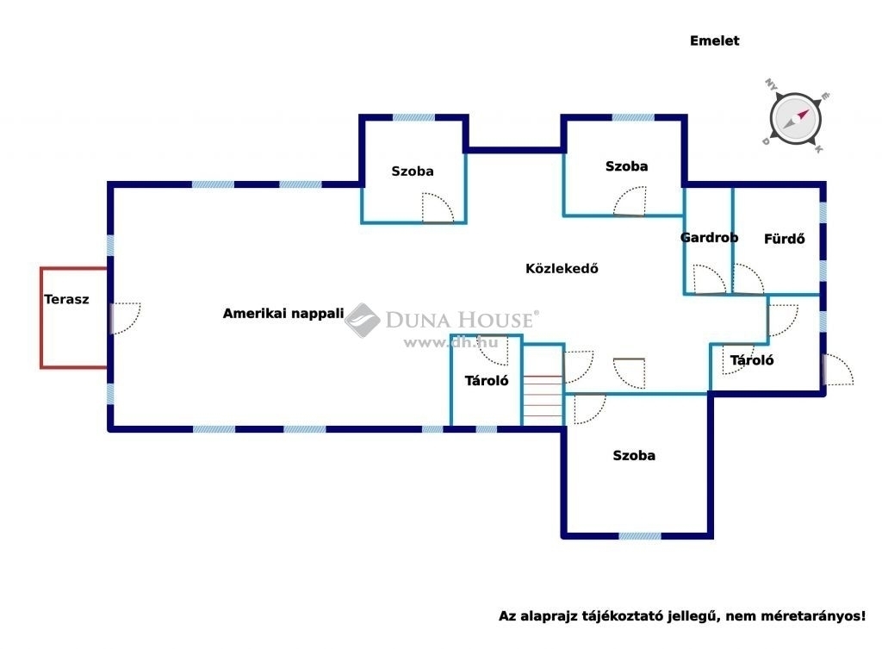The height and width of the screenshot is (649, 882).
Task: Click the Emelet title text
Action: [714, 41]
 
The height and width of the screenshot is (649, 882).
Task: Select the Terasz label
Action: [66, 299]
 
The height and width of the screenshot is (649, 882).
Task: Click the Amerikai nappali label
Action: [283, 314]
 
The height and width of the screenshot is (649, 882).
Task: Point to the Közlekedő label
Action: [562, 269]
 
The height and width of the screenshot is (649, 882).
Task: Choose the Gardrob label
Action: [709, 238]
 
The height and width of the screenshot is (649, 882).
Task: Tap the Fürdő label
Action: [784, 239]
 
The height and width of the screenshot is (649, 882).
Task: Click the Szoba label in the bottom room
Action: [634, 455]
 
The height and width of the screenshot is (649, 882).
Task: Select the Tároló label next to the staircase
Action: [487, 380]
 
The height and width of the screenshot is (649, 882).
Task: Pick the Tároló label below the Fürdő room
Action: [751, 360]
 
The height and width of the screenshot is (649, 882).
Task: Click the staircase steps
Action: [543, 400]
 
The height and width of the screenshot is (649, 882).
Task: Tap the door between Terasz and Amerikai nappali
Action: [125, 319]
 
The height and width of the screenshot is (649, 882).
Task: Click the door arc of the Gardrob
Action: [710, 279]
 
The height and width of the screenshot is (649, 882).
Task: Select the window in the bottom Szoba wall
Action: [640, 536]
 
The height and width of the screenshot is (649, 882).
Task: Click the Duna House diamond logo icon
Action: [363, 321]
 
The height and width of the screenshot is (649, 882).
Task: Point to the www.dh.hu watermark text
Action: [450, 342]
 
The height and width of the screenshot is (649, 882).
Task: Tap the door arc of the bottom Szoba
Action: [590, 409]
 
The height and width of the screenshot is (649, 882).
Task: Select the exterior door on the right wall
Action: [838, 369]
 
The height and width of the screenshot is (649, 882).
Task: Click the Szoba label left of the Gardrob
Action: [626, 166]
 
